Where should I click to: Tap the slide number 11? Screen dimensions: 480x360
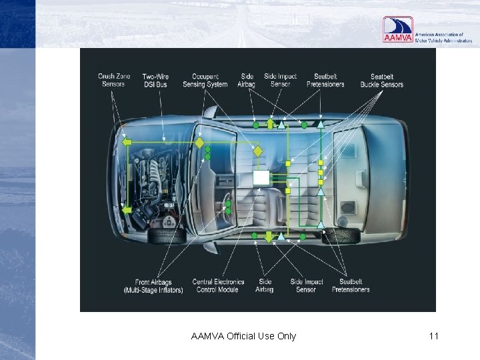[x=433, y=336]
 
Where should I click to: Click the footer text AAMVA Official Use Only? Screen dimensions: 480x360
[x=243, y=336]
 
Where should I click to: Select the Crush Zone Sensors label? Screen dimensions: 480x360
[x=113, y=80]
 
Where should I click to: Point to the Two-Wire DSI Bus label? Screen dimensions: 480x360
[x=155, y=80]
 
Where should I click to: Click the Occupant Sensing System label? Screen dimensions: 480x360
[x=209, y=80]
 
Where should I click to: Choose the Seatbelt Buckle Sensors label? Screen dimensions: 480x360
[x=382, y=81]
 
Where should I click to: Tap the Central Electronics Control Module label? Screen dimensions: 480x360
[x=218, y=286]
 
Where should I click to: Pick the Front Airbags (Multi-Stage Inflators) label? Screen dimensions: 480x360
[x=153, y=286]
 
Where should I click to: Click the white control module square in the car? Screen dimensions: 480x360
[x=261, y=177]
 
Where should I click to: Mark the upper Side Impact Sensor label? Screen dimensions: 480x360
[x=280, y=80]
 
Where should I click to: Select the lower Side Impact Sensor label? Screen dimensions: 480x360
[x=306, y=286]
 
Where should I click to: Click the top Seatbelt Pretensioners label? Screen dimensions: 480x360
[x=325, y=81]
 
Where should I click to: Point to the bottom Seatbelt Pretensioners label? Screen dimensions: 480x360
[x=351, y=286]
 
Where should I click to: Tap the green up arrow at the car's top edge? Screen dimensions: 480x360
[x=270, y=123]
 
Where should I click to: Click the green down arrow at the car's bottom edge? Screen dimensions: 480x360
[x=269, y=237]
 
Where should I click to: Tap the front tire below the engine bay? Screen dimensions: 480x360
[x=167, y=235]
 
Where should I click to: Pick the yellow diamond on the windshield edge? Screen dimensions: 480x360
[x=199, y=143]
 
